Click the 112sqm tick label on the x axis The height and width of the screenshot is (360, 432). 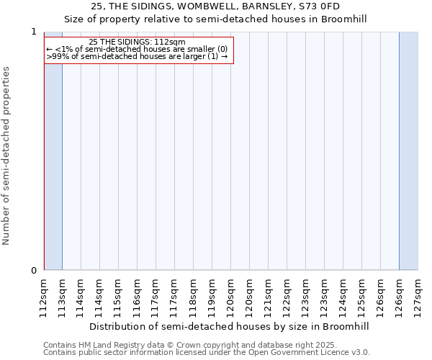coord(44,294)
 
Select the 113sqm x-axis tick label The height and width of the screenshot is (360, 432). coord(63,294)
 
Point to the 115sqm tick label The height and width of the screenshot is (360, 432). coord(119,294)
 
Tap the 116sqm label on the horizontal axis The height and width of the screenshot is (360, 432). coord(138,294)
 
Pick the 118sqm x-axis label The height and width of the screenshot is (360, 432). coord(194,294)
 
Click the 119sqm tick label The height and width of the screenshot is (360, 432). coord(212,294)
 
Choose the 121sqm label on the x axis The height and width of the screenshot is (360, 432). coord(269,294)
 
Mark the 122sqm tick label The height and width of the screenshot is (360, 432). coord(287,294)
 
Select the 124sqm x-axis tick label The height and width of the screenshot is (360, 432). coord(343,294)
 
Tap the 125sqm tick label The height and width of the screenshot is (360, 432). coord(362,294)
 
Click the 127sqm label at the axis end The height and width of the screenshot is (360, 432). coord(418,294)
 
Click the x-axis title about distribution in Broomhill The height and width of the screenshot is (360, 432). coord(230,326)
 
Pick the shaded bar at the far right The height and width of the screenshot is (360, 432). coord(408,151)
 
